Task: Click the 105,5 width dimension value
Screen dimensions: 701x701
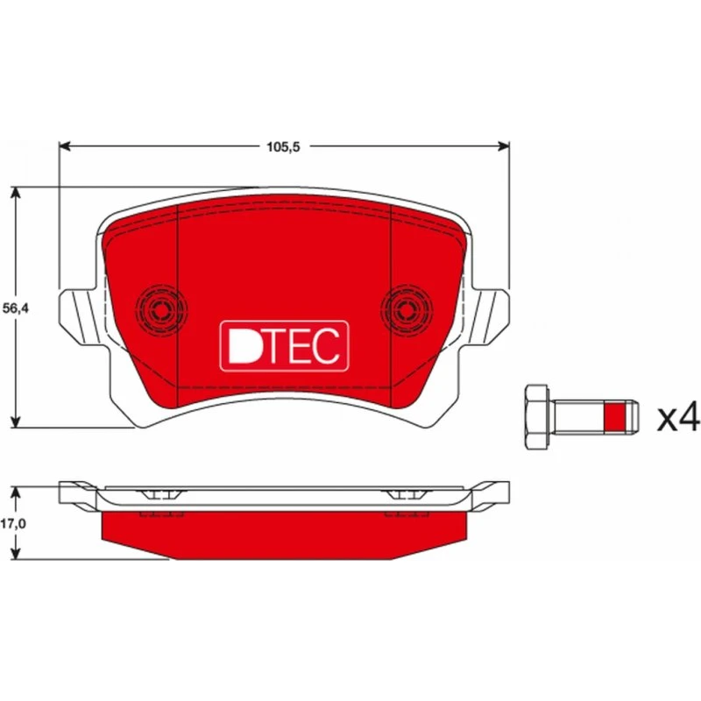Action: click(283, 146)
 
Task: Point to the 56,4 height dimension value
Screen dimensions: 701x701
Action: click(16, 308)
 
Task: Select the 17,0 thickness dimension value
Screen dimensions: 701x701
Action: click(13, 523)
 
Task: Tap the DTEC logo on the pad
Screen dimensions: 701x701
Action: click(284, 346)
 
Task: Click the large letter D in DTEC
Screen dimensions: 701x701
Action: click(244, 345)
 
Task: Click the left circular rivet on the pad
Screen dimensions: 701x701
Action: click(161, 308)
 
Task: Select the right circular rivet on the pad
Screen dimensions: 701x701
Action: click(407, 308)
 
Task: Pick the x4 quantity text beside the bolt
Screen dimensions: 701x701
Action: click(677, 417)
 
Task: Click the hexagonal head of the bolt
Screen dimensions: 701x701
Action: click(537, 417)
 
